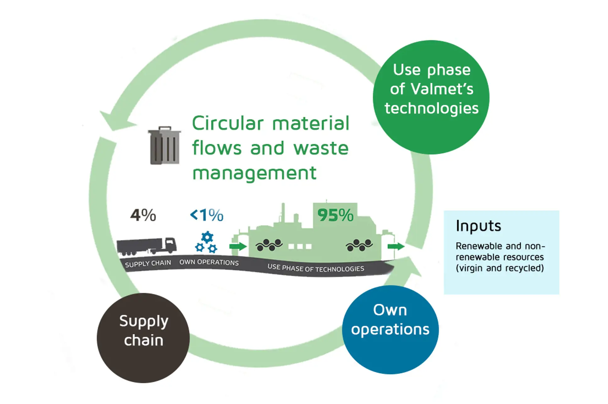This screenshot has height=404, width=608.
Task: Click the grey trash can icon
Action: pyautogui.click(x=164, y=145)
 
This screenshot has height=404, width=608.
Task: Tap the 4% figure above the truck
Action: pyautogui.click(x=143, y=215)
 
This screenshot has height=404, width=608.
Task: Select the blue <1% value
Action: pyautogui.click(x=206, y=215)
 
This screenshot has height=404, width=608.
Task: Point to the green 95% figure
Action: pyautogui.click(x=335, y=215)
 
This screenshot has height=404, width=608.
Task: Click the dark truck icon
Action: pyautogui.click(x=146, y=246)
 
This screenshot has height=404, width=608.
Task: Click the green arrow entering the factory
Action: pyautogui.click(x=238, y=246)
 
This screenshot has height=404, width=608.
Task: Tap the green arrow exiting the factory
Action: pyautogui.click(x=396, y=246)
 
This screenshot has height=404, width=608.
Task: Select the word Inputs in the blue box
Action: pyautogui.click(x=478, y=226)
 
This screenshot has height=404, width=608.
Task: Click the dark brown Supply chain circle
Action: pyautogui.click(x=143, y=338)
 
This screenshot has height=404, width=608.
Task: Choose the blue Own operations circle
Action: pyautogui.click(x=390, y=329)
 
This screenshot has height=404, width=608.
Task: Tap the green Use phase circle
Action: pyautogui.click(x=431, y=97)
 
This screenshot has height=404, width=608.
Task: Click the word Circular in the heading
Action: pyautogui.click(x=227, y=123)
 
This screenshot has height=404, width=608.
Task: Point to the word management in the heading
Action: pyautogui.click(x=254, y=173)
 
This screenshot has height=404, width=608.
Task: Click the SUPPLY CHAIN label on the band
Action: pyautogui.click(x=148, y=263)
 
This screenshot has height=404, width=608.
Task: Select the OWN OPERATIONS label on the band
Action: pyautogui.click(x=209, y=262)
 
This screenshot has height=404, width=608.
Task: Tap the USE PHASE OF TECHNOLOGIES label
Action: pyautogui.click(x=315, y=268)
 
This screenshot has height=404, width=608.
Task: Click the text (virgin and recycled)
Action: pyautogui.click(x=499, y=268)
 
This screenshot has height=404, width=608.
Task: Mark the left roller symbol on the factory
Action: pyautogui.click(x=269, y=245)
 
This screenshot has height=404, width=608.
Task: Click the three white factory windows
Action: pyautogui.click(x=300, y=246)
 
